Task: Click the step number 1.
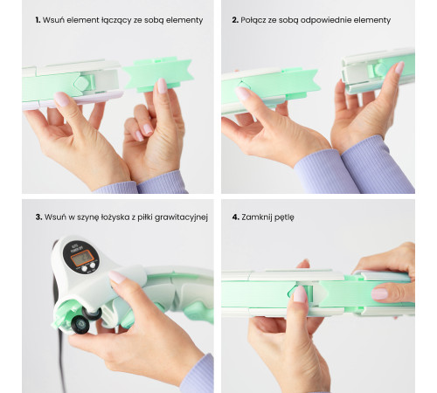tap(38, 20)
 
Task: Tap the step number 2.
tap(235, 20)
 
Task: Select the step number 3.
tap(38, 217)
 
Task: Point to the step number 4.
tap(235, 217)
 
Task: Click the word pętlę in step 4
tap(284, 218)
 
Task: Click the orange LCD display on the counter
tap(82, 258)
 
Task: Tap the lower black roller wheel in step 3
tap(80, 323)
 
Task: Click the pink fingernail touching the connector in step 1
tap(162, 86)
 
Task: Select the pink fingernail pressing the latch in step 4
tap(300, 294)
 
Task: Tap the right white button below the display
tap(93, 265)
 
